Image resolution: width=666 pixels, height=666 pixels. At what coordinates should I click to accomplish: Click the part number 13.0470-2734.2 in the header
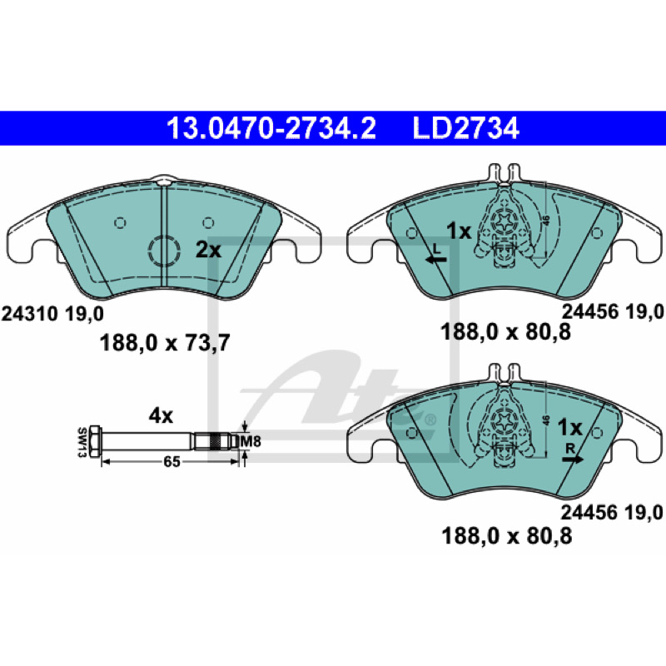tap(271, 128)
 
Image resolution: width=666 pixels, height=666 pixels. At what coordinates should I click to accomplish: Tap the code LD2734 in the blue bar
tap(465, 128)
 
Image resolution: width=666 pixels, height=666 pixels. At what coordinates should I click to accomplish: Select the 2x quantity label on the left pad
tap(208, 251)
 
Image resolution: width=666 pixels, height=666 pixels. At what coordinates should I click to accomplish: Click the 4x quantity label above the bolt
tap(161, 416)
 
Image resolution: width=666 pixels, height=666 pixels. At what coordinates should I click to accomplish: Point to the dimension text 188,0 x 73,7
tap(165, 342)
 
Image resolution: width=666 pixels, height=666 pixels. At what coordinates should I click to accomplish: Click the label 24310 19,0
tap(52, 315)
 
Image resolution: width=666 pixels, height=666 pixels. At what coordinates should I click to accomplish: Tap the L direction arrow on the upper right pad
tap(436, 260)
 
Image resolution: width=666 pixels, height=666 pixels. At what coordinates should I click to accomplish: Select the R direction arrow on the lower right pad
tap(573, 459)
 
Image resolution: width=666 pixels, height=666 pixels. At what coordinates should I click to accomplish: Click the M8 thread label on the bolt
tap(251, 442)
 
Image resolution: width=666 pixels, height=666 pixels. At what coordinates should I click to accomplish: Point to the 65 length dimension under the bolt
tap(171, 462)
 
